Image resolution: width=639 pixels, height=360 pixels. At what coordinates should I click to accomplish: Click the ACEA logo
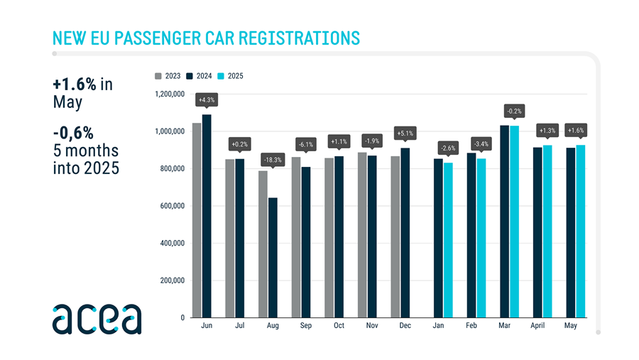(x=97, y=319)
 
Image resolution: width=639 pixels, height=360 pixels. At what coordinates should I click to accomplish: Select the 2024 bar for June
(x=207, y=216)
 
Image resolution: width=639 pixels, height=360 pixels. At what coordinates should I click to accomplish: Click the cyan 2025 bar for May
(x=581, y=231)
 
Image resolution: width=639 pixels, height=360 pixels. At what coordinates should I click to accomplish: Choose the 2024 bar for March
(x=504, y=221)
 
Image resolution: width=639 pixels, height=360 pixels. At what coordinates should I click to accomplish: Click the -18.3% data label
(x=273, y=159)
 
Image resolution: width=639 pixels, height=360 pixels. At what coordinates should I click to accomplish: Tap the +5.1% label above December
(x=405, y=133)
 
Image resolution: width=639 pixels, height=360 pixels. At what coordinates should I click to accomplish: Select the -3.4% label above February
(x=481, y=144)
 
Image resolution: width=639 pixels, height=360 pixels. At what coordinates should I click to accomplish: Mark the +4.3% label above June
(x=207, y=100)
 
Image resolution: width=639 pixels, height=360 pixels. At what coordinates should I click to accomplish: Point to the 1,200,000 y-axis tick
(x=170, y=94)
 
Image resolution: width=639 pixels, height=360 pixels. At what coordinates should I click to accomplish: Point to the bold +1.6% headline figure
(x=75, y=84)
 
